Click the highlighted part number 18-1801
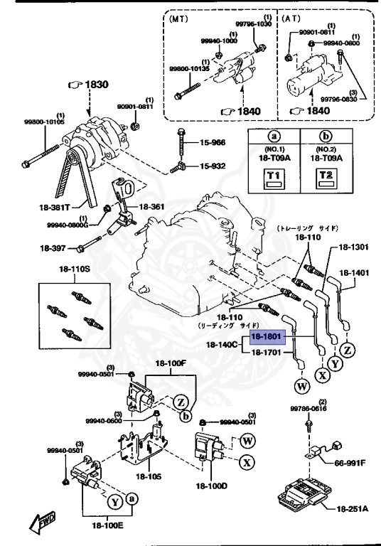coord(267,338)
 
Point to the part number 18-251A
coord(353,509)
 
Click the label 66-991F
coord(350,463)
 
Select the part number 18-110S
coord(75,270)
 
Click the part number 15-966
coord(212,143)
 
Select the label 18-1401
coord(353,272)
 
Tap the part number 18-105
coord(150,476)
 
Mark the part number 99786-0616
coord(307,409)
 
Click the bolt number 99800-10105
coord(44,122)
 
